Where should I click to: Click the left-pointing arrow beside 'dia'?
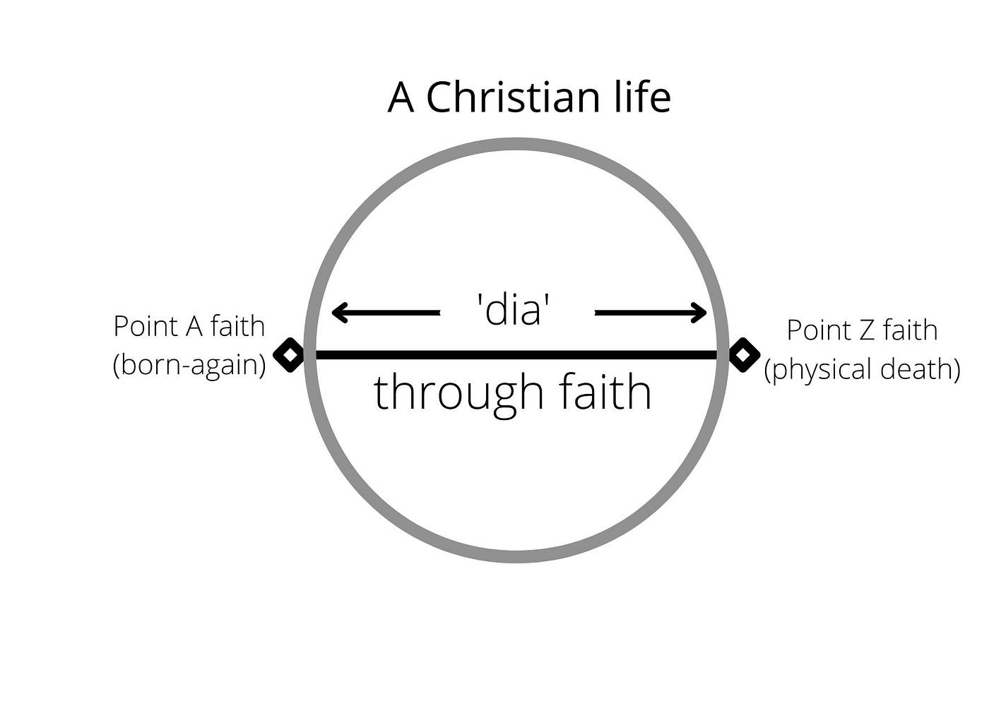pos(386,312)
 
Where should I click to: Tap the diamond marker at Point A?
pos(289,354)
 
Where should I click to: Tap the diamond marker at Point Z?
pos(743,354)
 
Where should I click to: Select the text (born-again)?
pos(189,365)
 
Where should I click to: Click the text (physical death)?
pos(862,369)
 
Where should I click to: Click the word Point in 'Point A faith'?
pos(145,327)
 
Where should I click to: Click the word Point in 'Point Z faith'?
pos(818,330)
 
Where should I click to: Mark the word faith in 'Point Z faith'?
pos(910,330)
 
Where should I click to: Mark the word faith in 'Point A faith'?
pos(237,327)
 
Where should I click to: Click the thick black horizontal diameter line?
pos(516,354)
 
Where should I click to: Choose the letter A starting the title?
pos(401,97)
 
